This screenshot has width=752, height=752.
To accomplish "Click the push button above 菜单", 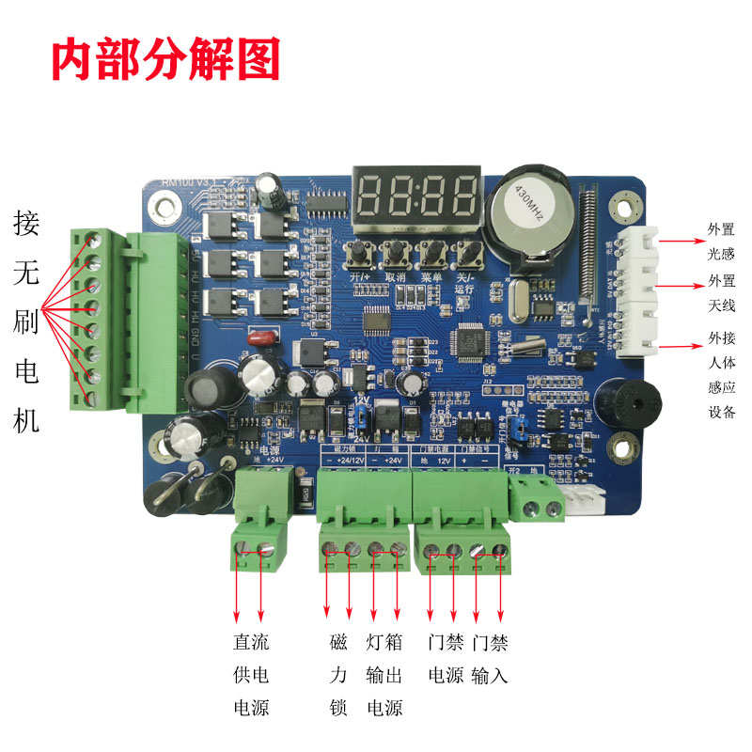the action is coord(431,252).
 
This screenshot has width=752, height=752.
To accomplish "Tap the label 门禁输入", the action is coord(490,659).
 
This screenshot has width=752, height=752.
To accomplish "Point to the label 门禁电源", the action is coord(446,659).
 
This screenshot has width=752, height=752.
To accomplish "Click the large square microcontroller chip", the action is coord(469,340).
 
